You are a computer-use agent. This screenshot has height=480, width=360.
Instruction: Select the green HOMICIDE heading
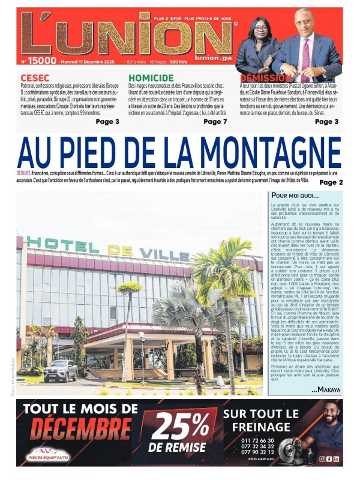[x=151, y=78]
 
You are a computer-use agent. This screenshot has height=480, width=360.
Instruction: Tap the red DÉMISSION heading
[x=266, y=78]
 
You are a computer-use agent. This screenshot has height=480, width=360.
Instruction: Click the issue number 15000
[x=41, y=61]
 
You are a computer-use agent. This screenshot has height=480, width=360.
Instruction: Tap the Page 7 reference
[x=215, y=122]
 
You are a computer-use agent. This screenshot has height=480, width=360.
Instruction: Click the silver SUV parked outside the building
[x=61, y=370]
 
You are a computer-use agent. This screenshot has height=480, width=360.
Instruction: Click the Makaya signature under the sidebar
[x=326, y=390]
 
